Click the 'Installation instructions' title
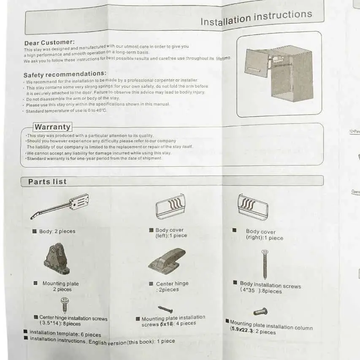(256, 18)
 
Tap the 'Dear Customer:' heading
(49, 43)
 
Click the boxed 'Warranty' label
(52, 127)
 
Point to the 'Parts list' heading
(47, 182)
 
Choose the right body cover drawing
(252, 207)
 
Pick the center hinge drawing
(167, 260)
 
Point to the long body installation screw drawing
(265, 263)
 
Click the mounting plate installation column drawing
(260, 312)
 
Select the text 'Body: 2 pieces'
(57, 231)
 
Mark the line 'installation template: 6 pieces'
(65, 333)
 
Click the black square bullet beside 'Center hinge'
(151, 284)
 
